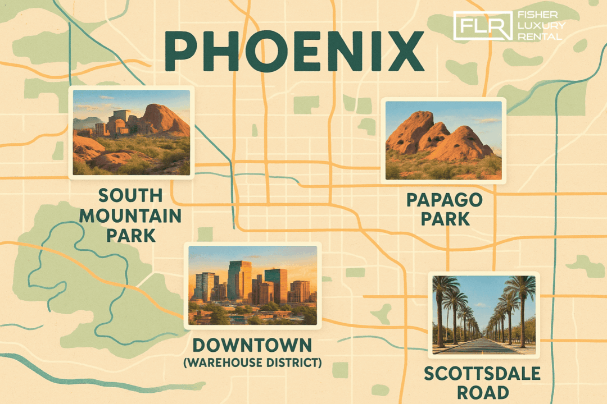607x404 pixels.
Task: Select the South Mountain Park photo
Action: pos(132,132)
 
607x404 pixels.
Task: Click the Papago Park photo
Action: pos(443,140)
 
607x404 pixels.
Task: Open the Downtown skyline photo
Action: pos(252,286)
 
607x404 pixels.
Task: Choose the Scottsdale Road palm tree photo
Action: pos(484,315)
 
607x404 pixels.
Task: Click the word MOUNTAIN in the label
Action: pos(130,215)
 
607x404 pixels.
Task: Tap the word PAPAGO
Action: pos(445,199)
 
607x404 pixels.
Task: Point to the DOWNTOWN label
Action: pos(252,345)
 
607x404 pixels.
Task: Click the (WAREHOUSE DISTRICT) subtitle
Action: pos(252,363)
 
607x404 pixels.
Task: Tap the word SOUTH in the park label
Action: pos(130,196)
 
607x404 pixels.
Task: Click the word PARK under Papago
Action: pos(445,218)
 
